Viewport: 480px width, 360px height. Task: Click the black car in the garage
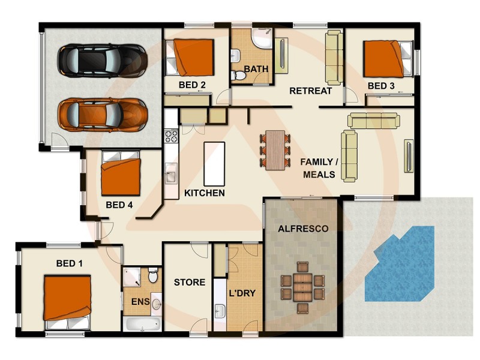coord(102,59)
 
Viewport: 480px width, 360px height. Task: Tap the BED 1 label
coord(70,263)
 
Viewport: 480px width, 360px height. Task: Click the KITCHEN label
coord(205,193)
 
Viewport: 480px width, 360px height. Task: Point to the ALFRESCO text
coord(303,229)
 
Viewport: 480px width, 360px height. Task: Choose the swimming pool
coord(400,264)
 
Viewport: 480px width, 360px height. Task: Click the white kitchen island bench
coord(214,163)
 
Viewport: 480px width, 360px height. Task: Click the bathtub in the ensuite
coord(143,324)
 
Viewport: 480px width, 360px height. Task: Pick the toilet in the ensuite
coord(153,277)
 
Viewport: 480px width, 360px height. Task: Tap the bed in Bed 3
coord(383,58)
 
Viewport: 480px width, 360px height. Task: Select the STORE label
coord(190,282)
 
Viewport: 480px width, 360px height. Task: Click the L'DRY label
coord(242,294)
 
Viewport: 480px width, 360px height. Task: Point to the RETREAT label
coord(310,91)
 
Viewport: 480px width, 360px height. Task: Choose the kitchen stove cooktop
coord(171,136)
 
